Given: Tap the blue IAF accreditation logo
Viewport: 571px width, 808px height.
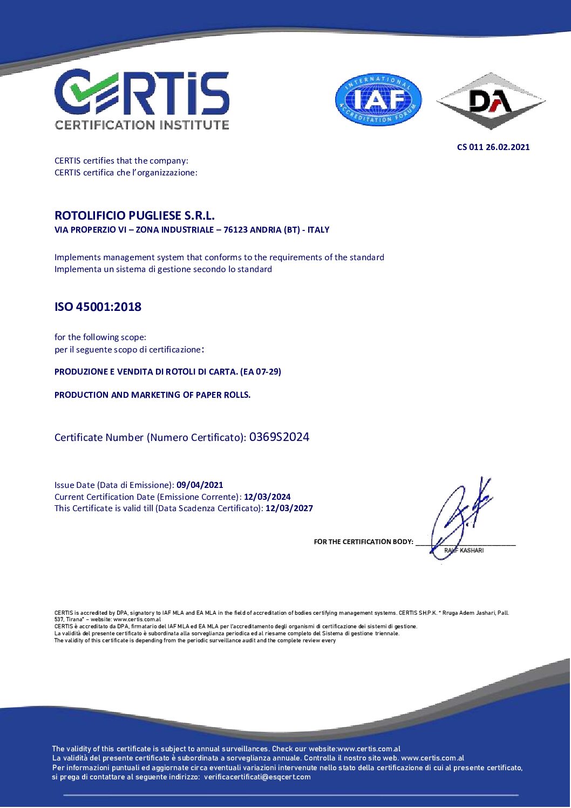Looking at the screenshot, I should pyautogui.click(x=378, y=100).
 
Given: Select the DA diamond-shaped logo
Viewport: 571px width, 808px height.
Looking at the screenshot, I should pyautogui.click(x=491, y=101).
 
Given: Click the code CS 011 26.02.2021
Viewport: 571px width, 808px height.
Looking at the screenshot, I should pyautogui.click(x=493, y=147).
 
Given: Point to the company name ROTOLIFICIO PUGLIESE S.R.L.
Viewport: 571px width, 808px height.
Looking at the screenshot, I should pyautogui.click(x=134, y=215).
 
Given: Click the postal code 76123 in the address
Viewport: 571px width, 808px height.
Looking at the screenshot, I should pyautogui.click(x=236, y=230).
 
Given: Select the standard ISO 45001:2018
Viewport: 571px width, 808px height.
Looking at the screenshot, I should pyautogui.click(x=98, y=307).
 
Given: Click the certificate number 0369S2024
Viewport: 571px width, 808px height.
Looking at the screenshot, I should pyautogui.click(x=279, y=437).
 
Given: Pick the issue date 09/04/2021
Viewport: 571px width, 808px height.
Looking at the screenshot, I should pyautogui.click(x=200, y=485).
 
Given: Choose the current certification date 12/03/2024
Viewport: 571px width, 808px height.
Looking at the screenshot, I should pyautogui.click(x=267, y=497).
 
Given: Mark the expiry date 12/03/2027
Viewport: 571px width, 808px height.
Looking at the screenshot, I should pyautogui.click(x=289, y=508).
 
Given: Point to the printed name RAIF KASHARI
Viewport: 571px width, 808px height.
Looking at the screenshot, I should pyautogui.click(x=464, y=551).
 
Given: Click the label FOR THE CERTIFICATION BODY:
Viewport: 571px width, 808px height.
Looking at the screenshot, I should pyautogui.click(x=363, y=542).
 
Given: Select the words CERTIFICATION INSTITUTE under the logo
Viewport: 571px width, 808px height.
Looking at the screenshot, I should pyautogui.click(x=142, y=125).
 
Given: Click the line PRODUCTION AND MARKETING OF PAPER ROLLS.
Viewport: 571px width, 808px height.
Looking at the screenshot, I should pyautogui.click(x=152, y=395).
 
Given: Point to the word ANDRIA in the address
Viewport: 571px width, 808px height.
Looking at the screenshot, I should pyautogui.click(x=267, y=230).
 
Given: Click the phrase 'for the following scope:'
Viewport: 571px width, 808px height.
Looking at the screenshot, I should pyautogui.click(x=100, y=337).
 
